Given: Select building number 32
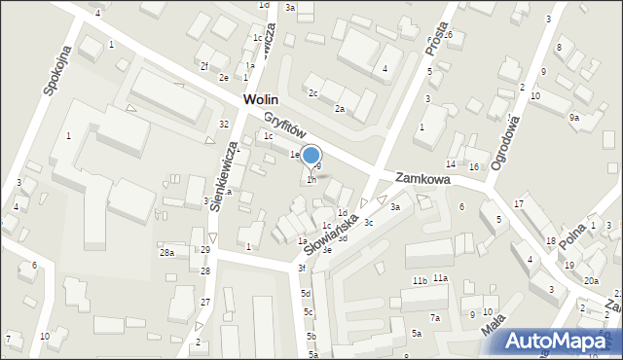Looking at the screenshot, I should pyautogui.click(x=224, y=124).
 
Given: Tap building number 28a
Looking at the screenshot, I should pyautogui.click(x=166, y=253).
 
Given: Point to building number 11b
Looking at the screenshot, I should pyautogui.click(x=420, y=281).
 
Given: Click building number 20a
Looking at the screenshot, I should pyautogui.click(x=591, y=280).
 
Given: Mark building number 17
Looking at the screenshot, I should pyautogui.click(x=519, y=202).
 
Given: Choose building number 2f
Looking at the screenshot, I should pyautogui.click(x=204, y=66).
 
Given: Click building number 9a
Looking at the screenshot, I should pyautogui.click(x=574, y=118).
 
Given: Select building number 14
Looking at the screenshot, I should pyautogui.click(x=451, y=163).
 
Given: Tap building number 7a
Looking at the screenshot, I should pyautogui.click(x=436, y=317).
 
